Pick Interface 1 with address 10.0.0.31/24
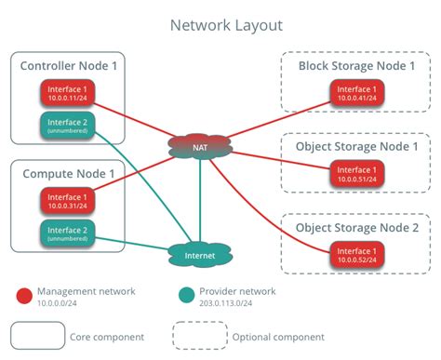68,200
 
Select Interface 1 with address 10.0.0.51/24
357,174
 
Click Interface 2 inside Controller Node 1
68,126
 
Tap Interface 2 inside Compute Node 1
68,233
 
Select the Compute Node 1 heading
68,173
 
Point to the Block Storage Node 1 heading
357,66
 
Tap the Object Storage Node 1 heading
357,147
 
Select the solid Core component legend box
37,336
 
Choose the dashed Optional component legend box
200,336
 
